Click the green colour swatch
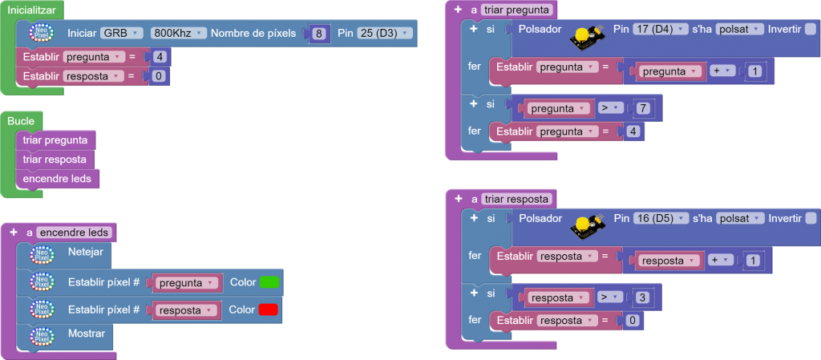269,283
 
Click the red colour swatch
269,309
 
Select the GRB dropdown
122,33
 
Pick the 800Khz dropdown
178,33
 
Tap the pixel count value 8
318,34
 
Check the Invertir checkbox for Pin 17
810,29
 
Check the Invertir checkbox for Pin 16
810,218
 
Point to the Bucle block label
21,120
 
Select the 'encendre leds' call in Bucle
57,178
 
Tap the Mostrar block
87,333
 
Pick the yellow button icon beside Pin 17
588,35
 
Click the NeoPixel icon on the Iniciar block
41,34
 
